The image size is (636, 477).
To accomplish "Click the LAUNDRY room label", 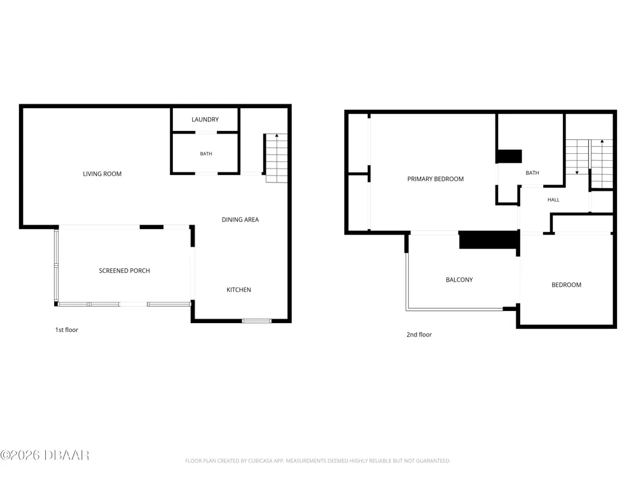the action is [205, 120].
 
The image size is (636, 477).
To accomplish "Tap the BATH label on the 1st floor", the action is [206, 154].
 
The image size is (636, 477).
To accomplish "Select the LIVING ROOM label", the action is [102, 174].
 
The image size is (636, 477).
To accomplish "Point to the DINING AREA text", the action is [240, 219].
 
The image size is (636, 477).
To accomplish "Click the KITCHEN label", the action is [238, 289].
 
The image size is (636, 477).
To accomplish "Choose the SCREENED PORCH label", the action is [124, 270].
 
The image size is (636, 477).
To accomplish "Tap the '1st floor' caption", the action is [67, 329].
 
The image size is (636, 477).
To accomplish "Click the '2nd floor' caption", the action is [419, 335].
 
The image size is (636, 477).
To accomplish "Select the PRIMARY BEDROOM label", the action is [435, 179].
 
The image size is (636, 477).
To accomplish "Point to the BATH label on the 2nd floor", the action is [532, 173].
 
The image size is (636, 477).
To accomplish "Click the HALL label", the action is [553, 200].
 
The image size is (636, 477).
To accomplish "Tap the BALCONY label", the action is [459, 279].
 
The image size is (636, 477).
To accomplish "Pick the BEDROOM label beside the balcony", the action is [566, 285].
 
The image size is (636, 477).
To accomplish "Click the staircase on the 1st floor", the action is [277, 158].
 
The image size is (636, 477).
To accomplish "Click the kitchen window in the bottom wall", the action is [257, 321].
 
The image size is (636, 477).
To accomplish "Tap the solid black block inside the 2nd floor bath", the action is [509, 156].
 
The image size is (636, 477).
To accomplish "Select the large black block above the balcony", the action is [489, 240].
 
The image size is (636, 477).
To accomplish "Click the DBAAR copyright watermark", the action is [45, 455].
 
